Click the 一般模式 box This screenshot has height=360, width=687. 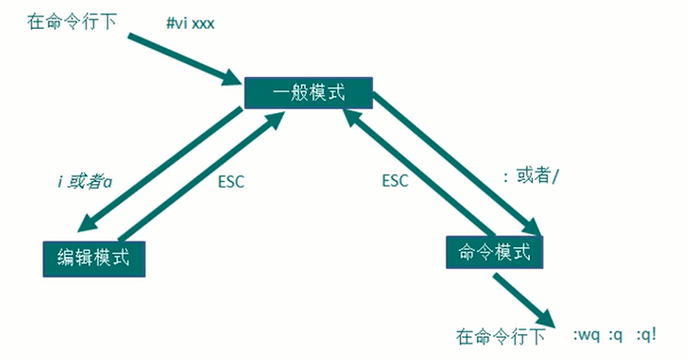point(308,94)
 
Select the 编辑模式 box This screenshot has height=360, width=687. point(93,258)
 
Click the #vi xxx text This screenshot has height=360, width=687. point(190,24)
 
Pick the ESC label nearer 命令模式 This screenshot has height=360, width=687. point(395,181)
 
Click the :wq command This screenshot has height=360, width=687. point(590,336)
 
